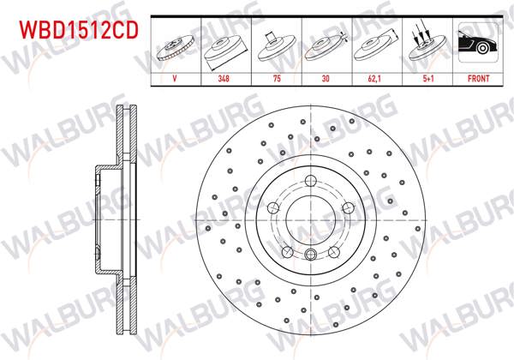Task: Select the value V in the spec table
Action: (175, 77)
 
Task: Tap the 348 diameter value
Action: (225, 77)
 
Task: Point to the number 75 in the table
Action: (276, 77)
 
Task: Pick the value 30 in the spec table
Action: (326, 77)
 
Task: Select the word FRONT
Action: (478, 77)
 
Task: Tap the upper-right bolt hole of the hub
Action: (347, 208)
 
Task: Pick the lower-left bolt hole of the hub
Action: (287, 252)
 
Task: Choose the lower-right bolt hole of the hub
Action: (333, 252)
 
